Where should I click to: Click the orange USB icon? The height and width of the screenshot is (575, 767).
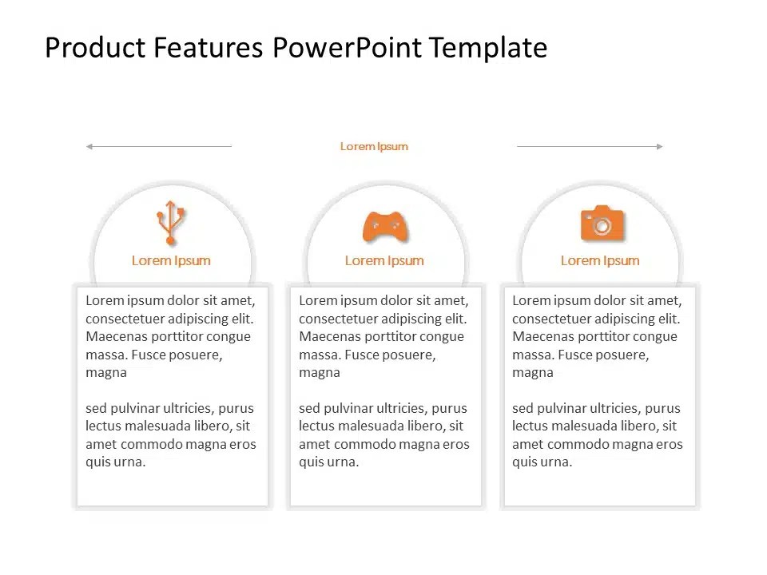(170, 223)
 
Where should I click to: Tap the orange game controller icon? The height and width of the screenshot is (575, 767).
(385, 227)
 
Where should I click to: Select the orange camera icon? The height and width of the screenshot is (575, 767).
(602, 224)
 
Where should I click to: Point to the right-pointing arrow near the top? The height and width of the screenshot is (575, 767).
(590, 146)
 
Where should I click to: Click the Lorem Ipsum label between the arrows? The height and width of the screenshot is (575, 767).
(374, 146)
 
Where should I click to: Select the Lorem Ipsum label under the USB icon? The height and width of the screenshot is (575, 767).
(171, 260)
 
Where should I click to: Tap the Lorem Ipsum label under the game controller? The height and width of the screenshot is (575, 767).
(384, 260)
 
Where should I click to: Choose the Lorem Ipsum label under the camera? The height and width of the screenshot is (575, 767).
(600, 260)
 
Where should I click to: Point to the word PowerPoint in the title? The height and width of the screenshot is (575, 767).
(347, 48)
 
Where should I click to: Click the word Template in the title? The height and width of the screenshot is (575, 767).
(487, 48)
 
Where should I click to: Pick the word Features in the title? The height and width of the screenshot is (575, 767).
(208, 48)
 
